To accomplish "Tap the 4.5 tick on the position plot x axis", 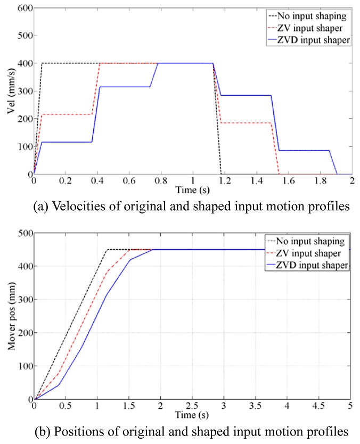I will (319, 406).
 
